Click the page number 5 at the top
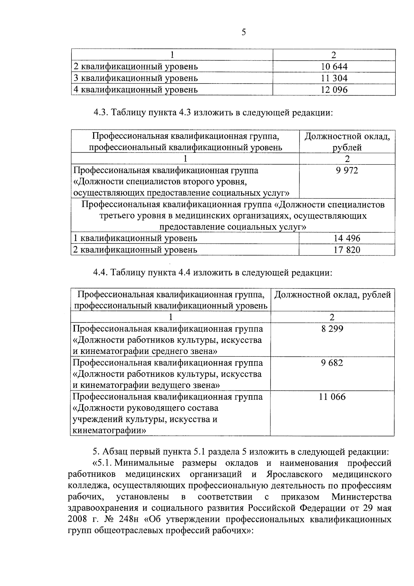pos(243,32)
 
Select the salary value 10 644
pos(334,66)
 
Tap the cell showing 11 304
pos(334,78)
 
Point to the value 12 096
pos(334,90)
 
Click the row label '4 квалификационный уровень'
pos(136,90)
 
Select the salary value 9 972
pos(347,170)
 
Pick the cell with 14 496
pos(347,238)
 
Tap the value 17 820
pos(347,250)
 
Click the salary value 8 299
pos(332,328)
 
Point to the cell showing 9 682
pos(332,363)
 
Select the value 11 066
pos(332,396)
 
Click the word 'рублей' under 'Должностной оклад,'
pos(347,148)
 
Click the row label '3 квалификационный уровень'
pos(136,78)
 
